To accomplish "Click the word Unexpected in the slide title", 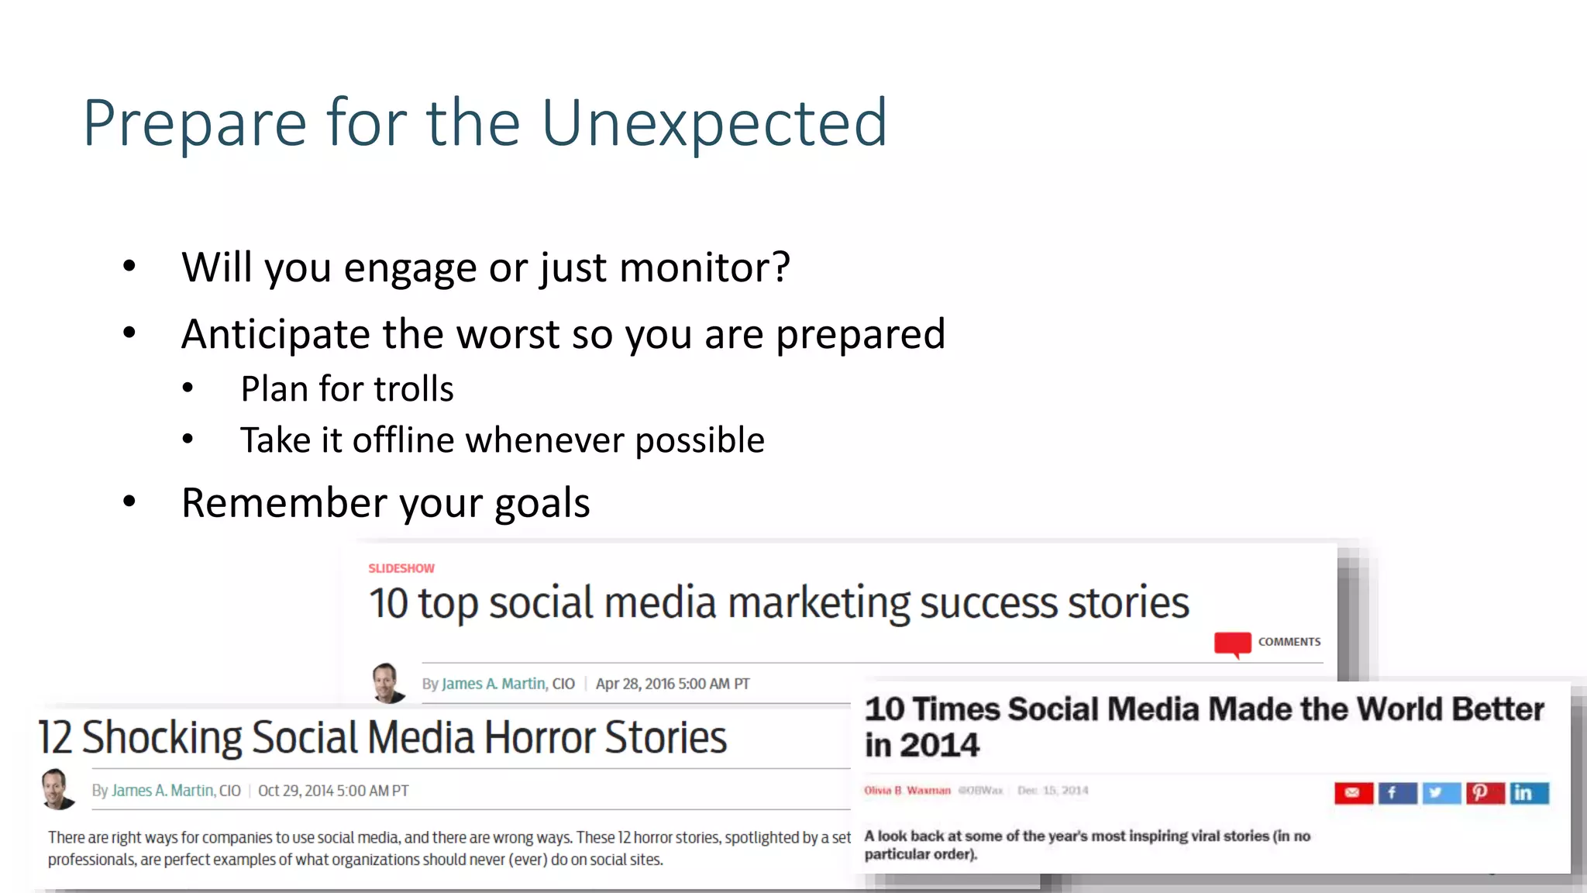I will pyautogui.click(x=714, y=122).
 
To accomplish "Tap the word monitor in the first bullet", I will pyautogui.click(x=704, y=267).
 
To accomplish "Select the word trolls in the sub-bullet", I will pyautogui.click(x=414, y=389).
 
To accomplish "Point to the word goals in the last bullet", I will pyautogui.click(x=542, y=504).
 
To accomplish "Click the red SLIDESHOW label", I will pyautogui.click(x=401, y=568).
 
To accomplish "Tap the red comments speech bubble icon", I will pyautogui.click(x=1232, y=643).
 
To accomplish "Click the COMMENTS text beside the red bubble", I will pyautogui.click(x=1289, y=642).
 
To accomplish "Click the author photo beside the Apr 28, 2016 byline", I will pyautogui.click(x=387, y=683).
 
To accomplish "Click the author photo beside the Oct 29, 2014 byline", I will pyautogui.click(x=57, y=789).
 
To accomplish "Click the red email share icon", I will pyautogui.click(x=1353, y=792).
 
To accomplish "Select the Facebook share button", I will pyautogui.click(x=1396, y=792).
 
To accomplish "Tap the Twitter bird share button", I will pyautogui.click(x=1440, y=792).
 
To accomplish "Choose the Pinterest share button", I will pyautogui.click(x=1483, y=792).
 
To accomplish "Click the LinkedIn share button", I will pyautogui.click(x=1527, y=792).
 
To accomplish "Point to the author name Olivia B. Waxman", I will pyautogui.click(x=907, y=791).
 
